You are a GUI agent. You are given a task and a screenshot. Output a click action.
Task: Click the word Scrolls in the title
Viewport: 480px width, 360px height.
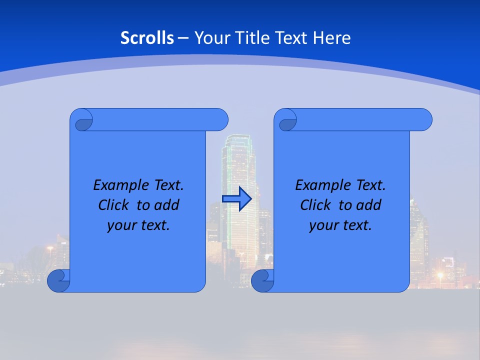[147, 38]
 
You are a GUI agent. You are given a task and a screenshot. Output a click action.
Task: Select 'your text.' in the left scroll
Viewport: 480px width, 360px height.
[138, 225]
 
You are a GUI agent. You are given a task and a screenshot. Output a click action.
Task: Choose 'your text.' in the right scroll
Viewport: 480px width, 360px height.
[340, 225]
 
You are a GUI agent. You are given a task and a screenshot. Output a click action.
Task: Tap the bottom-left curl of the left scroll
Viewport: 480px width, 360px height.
[58, 281]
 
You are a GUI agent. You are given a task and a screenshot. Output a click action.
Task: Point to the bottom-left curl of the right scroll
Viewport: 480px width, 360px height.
[262, 281]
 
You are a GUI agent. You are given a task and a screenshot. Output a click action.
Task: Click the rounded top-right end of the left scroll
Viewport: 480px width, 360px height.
[220, 119]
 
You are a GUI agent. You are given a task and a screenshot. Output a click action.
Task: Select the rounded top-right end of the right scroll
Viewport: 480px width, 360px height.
[424, 119]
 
